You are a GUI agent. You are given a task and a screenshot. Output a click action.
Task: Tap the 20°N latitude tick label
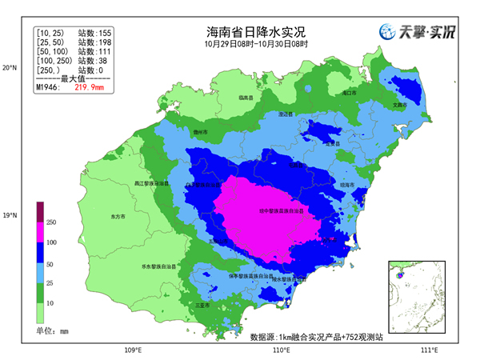click(x=10, y=68)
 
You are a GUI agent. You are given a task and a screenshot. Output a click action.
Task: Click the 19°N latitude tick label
click(x=10, y=215)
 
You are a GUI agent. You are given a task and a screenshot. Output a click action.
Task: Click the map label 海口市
click(x=348, y=94)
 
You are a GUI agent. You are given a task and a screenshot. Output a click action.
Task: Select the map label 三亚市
click(x=202, y=305)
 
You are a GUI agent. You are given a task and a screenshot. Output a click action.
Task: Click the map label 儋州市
click(x=201, y=131)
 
